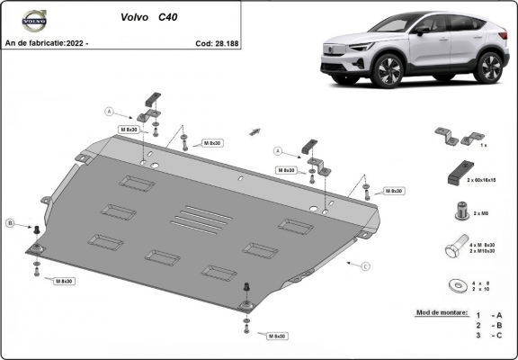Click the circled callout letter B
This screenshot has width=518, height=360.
click(10, 222)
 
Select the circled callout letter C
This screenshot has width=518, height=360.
click(365, 266)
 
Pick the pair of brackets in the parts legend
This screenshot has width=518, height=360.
click(456, 137)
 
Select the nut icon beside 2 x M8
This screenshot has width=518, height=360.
click(460, 211)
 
